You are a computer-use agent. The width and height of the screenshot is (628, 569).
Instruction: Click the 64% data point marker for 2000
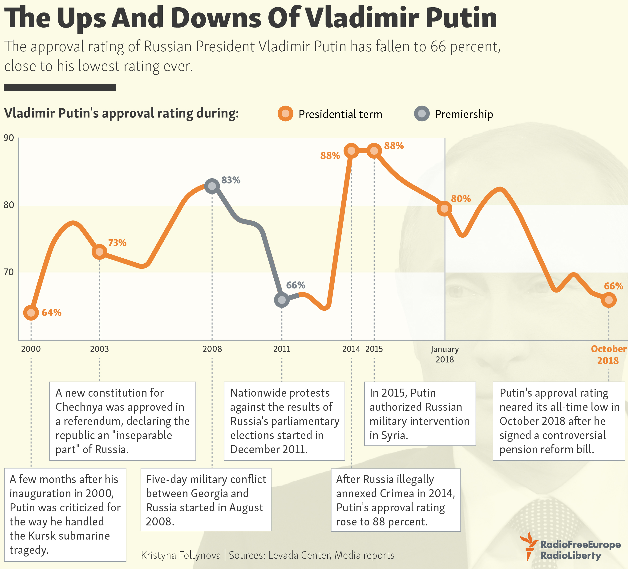click(31, 313)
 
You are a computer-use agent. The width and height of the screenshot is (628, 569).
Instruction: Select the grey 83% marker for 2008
click(212, 186)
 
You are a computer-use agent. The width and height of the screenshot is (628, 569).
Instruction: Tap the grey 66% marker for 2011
click(282, 300)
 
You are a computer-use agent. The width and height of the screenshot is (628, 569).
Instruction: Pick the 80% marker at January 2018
click(445, 208)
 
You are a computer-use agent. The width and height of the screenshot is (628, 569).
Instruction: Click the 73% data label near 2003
click(117, 243)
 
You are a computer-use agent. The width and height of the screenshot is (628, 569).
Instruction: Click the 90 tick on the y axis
click(9, 138)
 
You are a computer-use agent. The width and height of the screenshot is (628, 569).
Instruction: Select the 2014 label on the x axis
click(351, 349)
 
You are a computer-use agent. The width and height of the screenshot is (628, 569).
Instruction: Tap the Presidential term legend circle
click(285, 114)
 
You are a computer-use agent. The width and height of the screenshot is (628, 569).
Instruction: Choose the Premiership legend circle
click(422, 114)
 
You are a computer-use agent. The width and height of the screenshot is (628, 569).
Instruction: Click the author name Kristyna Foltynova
click(181, 555)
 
